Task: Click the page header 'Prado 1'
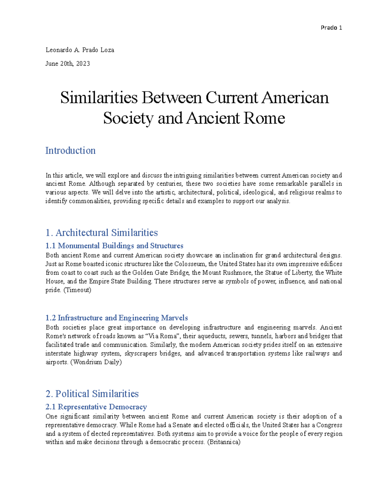tap(331, 28)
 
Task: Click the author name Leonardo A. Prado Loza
tap(80, 50)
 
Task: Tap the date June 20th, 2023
tap(68, 64)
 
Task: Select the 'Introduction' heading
tap(70, 151)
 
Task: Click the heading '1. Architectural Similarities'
tap(102, 233)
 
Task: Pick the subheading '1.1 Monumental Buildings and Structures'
tap(114, 246)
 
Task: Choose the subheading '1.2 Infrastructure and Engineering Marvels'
tap(117, 318)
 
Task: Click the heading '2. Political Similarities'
tap(92, 394)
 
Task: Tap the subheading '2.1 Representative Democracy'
tap(96, 407)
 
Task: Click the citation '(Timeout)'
tap(77, 290)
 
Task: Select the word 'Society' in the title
tap(128, 118)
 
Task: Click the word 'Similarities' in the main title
tap(99, 98)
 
